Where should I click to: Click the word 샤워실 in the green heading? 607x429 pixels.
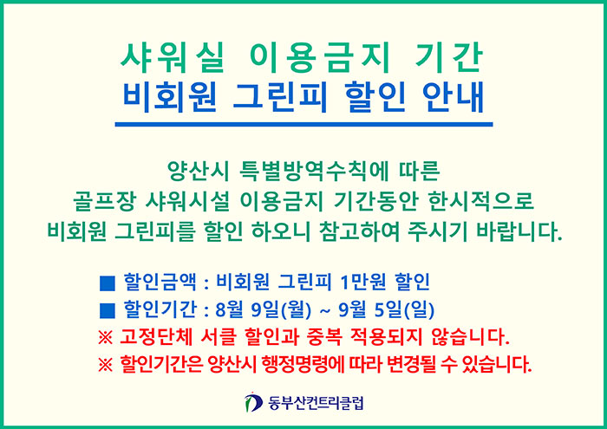pos(173,58)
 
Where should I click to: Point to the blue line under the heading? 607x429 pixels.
pos(303,124)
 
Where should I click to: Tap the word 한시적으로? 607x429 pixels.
pos(481,202)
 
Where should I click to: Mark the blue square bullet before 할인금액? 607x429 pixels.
pos(108,283)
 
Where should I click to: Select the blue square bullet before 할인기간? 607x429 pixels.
pos(108,310)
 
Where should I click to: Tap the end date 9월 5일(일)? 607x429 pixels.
pos(387,310)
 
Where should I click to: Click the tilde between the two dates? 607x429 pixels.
pos(325,310)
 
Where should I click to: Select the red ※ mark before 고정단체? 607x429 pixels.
pos(105,338)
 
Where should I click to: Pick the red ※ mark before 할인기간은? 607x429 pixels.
pos(105,365)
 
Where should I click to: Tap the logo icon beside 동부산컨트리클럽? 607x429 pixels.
pos(253,403)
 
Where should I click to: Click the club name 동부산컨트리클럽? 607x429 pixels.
pos(316,403)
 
